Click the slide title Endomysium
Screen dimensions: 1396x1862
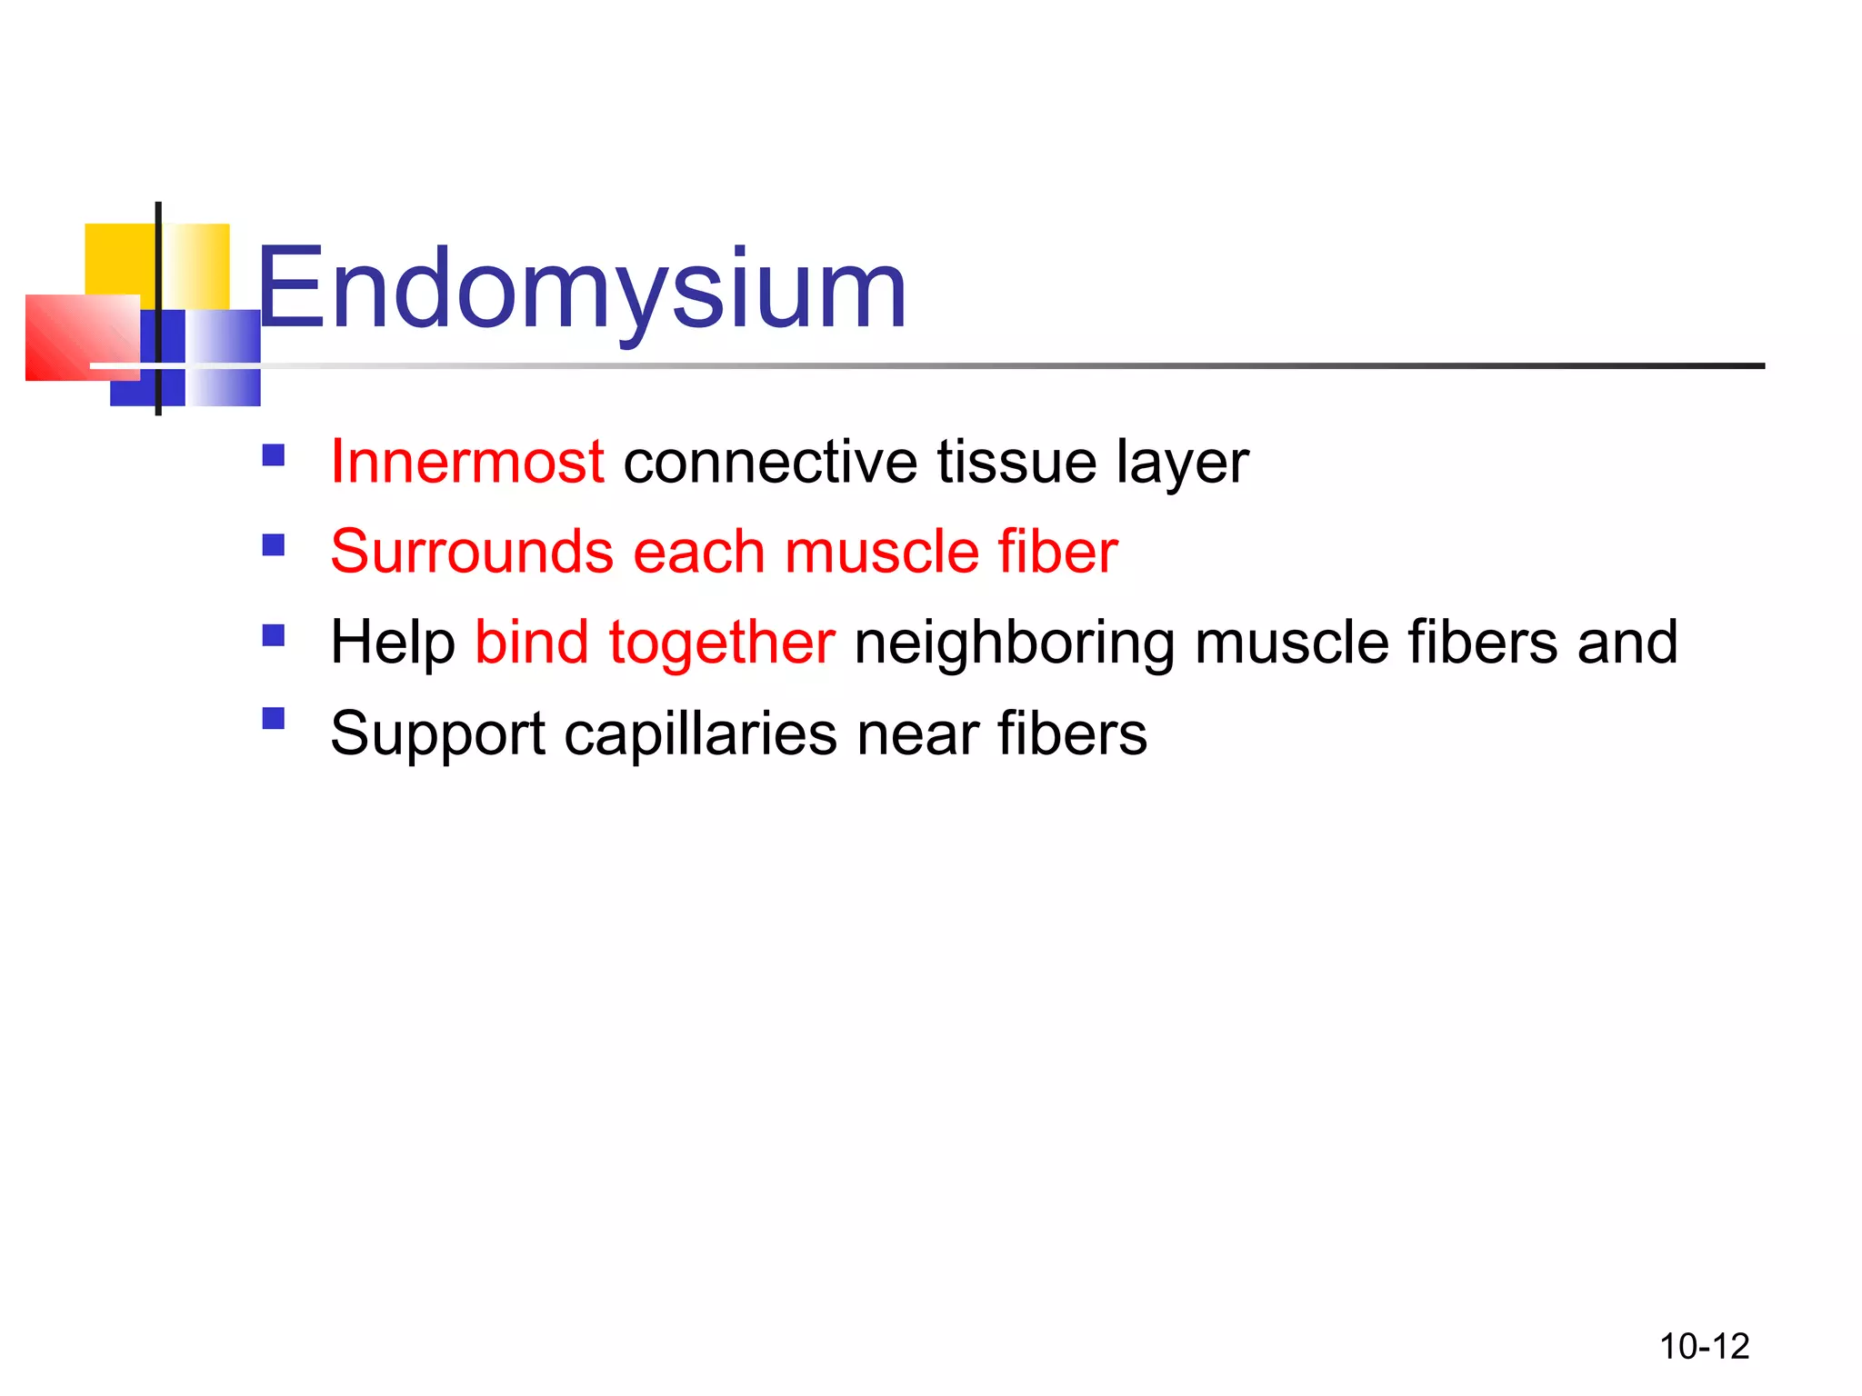pyautogui.click(x=582, y=289)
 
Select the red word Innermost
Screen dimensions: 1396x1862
pyautogui.click(x=467, y=462)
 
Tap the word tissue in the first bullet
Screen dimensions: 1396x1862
pyautogui.click(x=1016, y=462)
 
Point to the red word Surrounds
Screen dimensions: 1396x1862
pyautogui.click(x=472, y=552)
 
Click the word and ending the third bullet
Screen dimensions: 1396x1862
pyautogui.click(x=1627, y=642)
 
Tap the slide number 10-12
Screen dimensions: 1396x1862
pyautogui.click(x=1704, y=1346)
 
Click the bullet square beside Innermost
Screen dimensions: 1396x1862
pyautogui.click(x=273, y=454)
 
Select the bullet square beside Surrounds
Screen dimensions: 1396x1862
pyautogui.click(x=273, y=544)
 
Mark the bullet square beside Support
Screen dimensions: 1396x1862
pyautogui.click(x=273, y=719)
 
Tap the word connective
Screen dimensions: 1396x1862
pyautogui.click(x=770, y=462)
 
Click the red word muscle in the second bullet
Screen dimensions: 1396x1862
pyautogui.click(x=881, y=552)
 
